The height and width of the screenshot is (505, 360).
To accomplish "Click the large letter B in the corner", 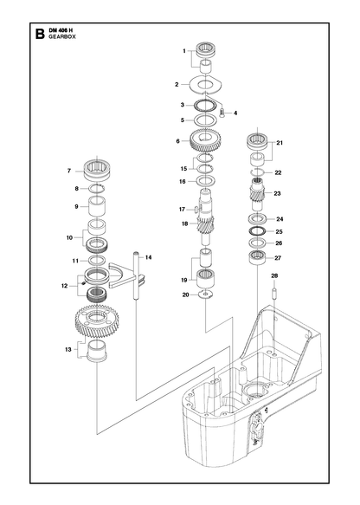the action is tap(40, 34).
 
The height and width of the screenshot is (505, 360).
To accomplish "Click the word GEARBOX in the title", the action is tap(62, 36).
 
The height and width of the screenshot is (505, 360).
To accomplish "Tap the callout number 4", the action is tap(235, 113).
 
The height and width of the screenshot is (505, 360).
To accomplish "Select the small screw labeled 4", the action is tap(222, 113).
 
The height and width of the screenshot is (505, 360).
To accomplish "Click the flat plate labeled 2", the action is tap(206, 84).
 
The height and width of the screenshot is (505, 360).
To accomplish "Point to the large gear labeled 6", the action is tap(204, 139).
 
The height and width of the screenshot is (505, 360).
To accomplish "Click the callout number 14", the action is tap(148, 257).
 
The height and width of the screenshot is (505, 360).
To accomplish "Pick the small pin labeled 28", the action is tap(274, 294).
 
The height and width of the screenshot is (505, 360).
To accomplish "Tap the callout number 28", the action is tap(274, 275).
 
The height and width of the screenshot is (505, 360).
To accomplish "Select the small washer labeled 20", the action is tap(205, 294).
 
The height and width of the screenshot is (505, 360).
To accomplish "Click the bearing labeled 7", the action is tap(97, 171).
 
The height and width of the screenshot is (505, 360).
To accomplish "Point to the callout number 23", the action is tap(277, 193).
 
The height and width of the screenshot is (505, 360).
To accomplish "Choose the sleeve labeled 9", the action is tap(97, 206).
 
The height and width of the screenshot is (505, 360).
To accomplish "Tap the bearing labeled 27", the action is tap(257, 257).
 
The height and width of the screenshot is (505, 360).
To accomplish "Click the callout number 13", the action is tap(67, 349).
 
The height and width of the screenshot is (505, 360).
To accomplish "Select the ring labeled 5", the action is tap(205, 120).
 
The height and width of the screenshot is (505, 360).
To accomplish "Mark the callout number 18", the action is tap(184, 223).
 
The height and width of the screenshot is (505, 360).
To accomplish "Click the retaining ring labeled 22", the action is tap(257, 172).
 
